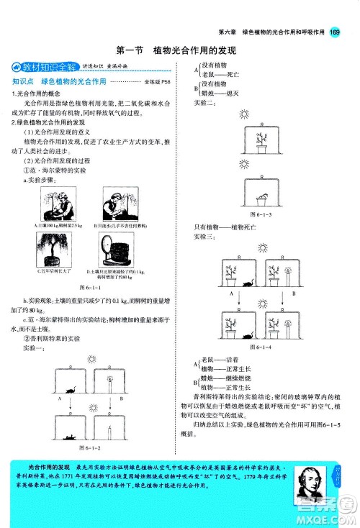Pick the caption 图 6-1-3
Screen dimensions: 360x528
click(261, 214)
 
